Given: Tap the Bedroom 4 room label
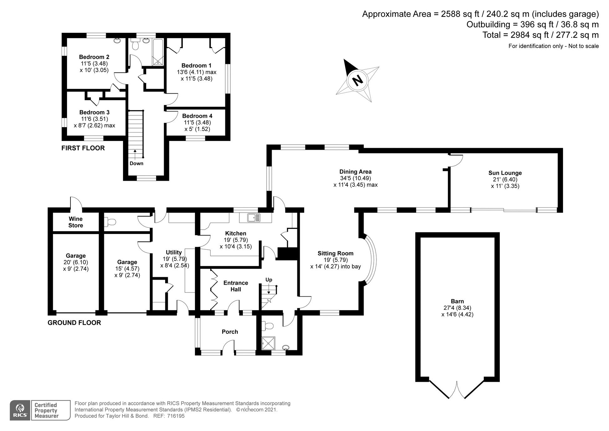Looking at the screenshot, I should coord(197,116).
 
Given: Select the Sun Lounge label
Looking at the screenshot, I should coord(505,173).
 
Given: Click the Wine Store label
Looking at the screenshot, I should coord(76,222).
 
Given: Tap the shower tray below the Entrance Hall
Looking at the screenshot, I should coord(269,343).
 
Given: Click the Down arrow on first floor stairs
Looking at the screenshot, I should coord(135,155).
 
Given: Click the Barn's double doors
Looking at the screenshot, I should coord(457,390).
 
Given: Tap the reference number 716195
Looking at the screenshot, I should coord(176,416).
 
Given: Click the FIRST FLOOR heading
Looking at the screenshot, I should coord(83,148).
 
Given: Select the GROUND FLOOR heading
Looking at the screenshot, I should coord(74,323).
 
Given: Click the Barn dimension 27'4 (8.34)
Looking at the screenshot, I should coord(457,308).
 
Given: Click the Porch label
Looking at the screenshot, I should coord(230,332).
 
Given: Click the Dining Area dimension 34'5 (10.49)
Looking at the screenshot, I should coord(355,178).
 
